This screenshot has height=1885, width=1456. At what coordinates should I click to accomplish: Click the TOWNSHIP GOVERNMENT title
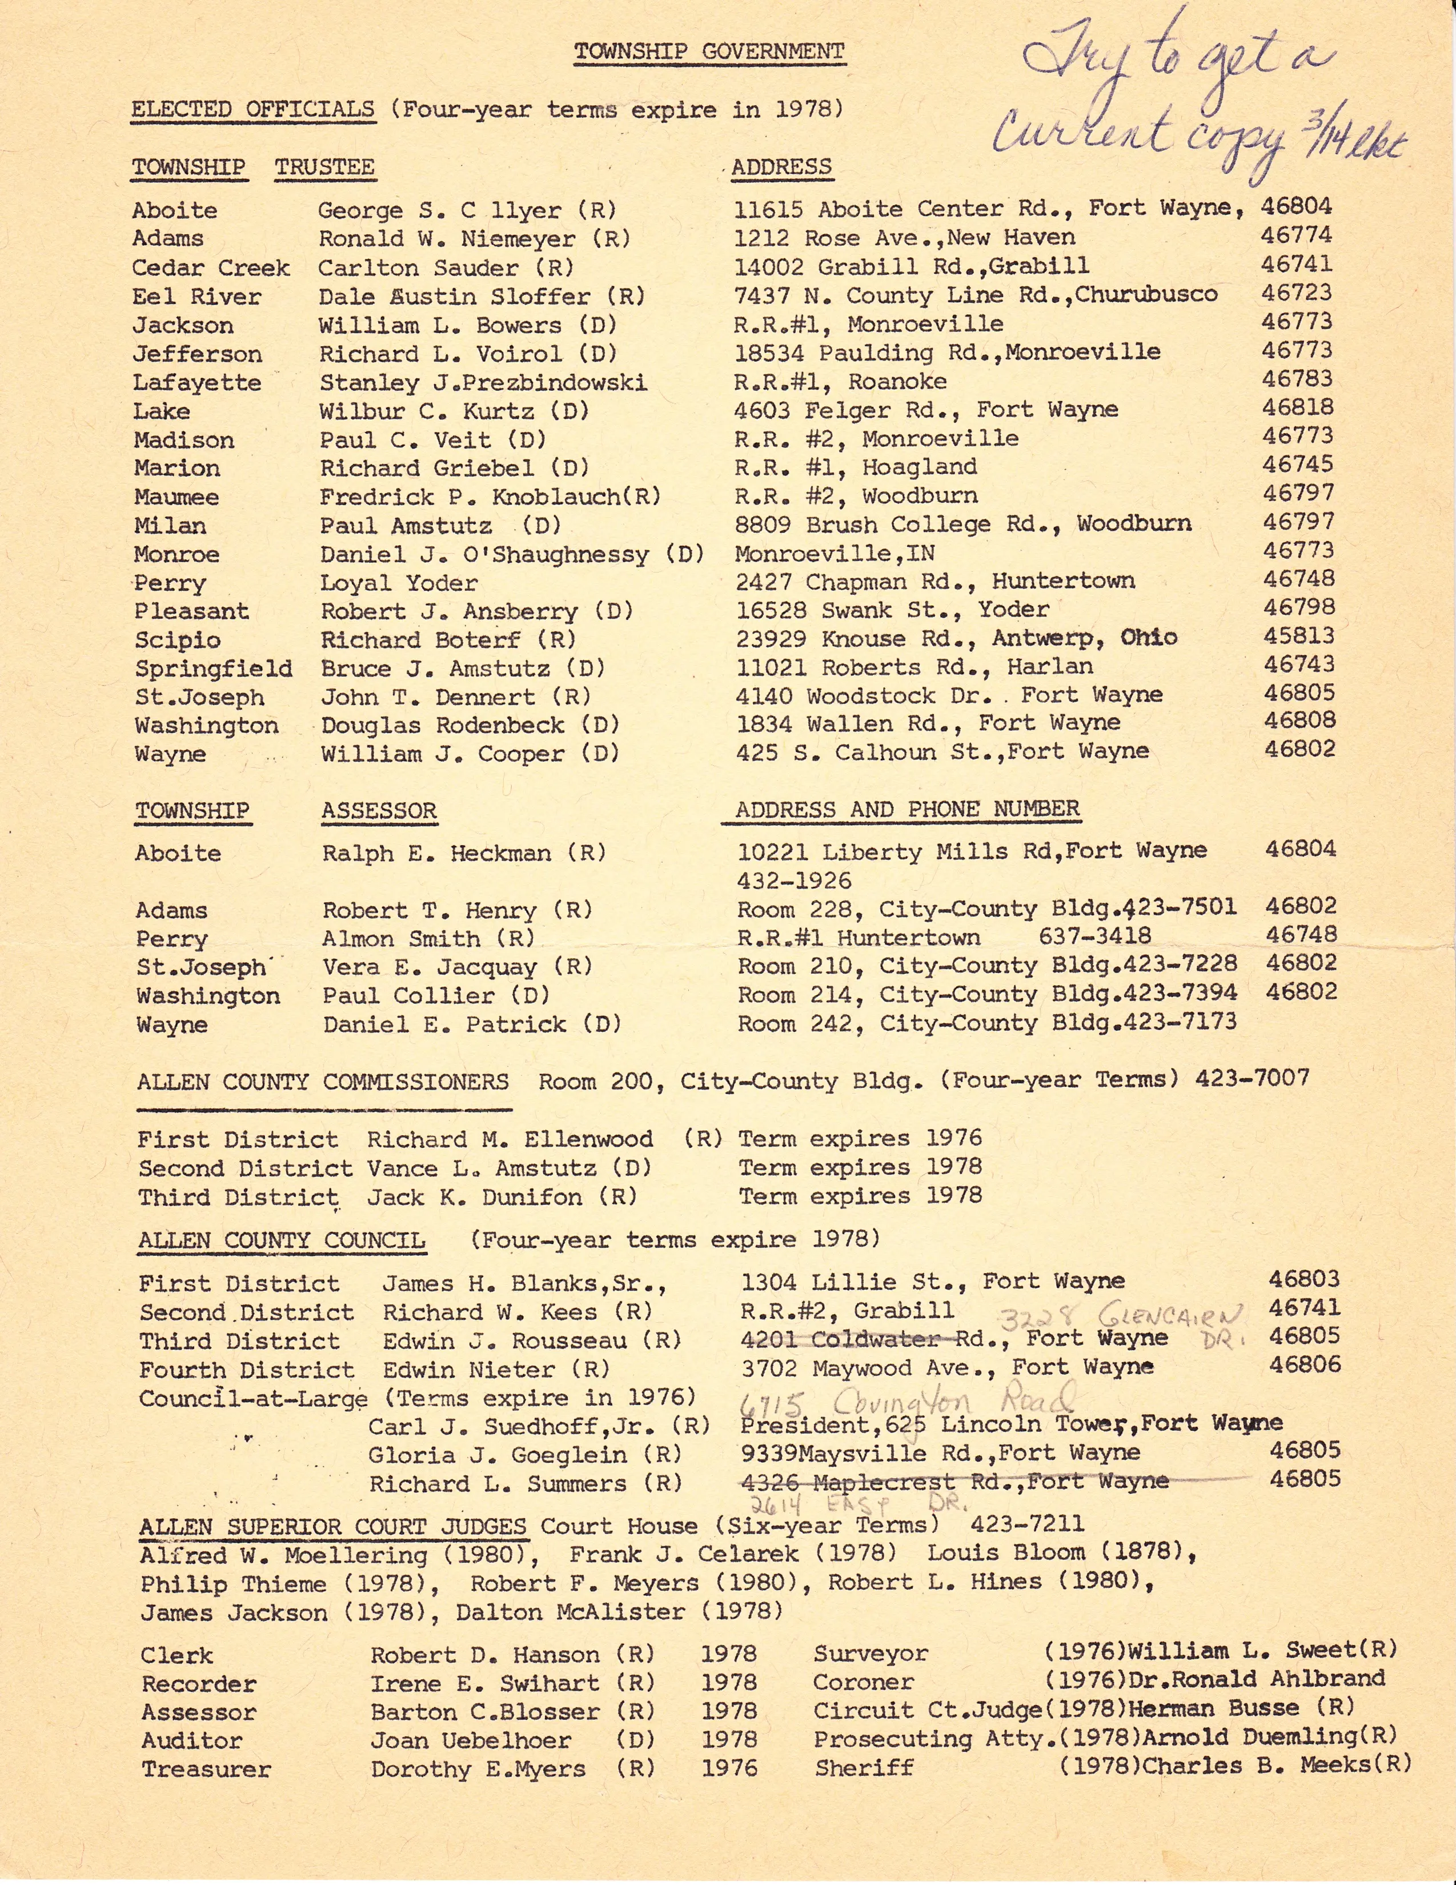tap(709, 52)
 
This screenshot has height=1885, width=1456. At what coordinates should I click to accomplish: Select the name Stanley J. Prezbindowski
tap(483, 382)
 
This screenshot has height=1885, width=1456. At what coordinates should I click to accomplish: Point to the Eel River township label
tap(197, 297)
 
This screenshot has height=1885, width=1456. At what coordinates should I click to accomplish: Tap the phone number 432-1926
tap(794, 881)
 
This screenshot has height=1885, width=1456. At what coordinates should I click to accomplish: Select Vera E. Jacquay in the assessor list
tap(430, 967)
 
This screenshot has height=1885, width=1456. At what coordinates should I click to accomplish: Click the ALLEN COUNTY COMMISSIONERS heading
tap(323, 1082)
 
